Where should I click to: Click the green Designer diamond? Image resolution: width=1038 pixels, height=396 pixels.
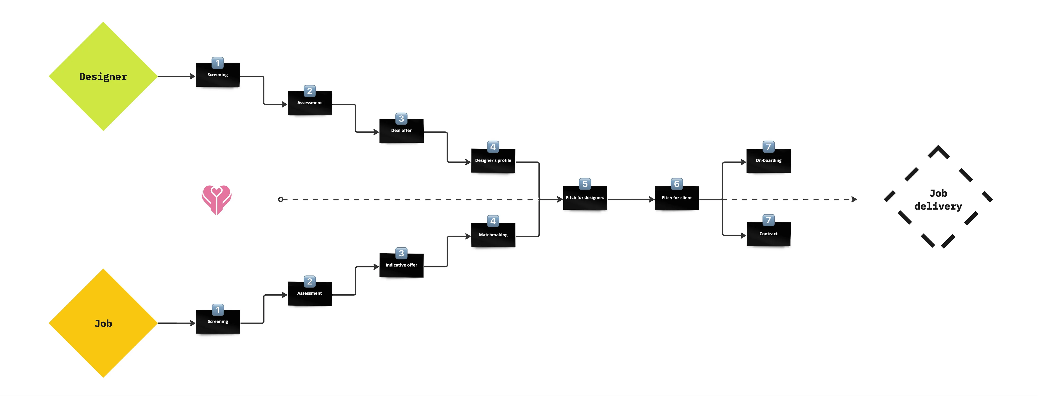[103, 77]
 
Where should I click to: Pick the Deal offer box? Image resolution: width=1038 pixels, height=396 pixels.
[401, 131]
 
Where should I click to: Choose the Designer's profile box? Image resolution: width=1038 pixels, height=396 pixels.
[493, 161]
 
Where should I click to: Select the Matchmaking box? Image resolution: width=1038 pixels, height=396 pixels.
[493, 235]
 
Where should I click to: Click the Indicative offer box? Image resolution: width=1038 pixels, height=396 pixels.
[401, 265]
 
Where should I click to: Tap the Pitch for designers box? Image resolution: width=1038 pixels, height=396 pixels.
[585, 198]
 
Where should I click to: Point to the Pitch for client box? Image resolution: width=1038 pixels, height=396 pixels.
[677, 198]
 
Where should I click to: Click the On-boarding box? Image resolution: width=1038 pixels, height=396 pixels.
[768, 161]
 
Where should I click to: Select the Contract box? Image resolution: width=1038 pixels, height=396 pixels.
[768, 234]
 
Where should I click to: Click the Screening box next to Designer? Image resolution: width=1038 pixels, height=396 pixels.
[218, 75]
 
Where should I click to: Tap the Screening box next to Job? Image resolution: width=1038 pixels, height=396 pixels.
[218, 322]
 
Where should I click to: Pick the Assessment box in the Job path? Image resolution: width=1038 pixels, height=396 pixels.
[309, 294]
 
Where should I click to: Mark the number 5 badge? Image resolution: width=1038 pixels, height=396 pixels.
[585, 184]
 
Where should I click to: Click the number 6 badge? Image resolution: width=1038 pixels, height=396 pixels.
[677, 184]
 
